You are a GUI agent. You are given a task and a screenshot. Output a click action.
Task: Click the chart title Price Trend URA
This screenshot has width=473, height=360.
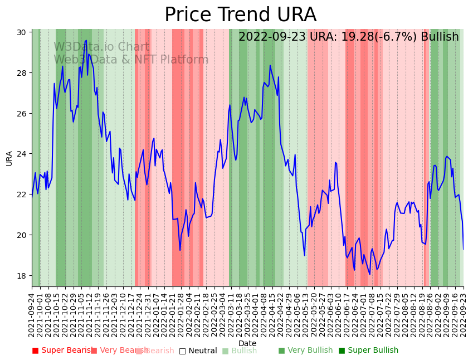tap(240, 15)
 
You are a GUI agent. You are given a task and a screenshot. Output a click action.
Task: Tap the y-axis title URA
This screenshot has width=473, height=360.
tap(9, 158)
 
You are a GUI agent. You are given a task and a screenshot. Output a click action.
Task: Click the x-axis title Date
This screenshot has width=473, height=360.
tap(247, 343)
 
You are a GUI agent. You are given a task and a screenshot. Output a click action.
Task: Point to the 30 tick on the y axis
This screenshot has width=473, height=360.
tap(22, 32)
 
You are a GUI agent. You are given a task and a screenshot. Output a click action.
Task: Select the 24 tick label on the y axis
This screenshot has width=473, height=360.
tap(22, 154)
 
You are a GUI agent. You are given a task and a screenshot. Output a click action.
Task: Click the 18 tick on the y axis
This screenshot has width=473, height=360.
tap(22, 275)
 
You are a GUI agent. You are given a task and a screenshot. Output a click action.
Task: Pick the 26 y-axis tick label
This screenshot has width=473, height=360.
tap(22, 113)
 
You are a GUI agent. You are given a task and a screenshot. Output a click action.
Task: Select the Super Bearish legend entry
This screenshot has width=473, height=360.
tap(62, 351)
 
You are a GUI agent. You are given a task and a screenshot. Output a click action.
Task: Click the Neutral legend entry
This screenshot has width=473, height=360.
tap(198, 351)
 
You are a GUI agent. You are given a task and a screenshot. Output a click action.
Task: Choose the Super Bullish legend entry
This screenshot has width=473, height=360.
tap(368, 351)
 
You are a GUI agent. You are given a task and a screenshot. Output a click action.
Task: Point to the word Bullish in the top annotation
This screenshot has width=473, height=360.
tap(440, 37)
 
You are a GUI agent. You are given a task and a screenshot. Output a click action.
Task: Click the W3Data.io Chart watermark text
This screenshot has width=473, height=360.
tap(101, 47)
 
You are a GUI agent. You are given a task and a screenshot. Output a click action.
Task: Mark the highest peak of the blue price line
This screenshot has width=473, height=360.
tap(86, 40)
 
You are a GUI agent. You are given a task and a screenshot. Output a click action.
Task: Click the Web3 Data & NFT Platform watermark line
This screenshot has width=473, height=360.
tap(131, 60)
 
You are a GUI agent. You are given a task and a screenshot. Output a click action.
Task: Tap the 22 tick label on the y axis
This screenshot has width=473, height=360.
tap(22, 194)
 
